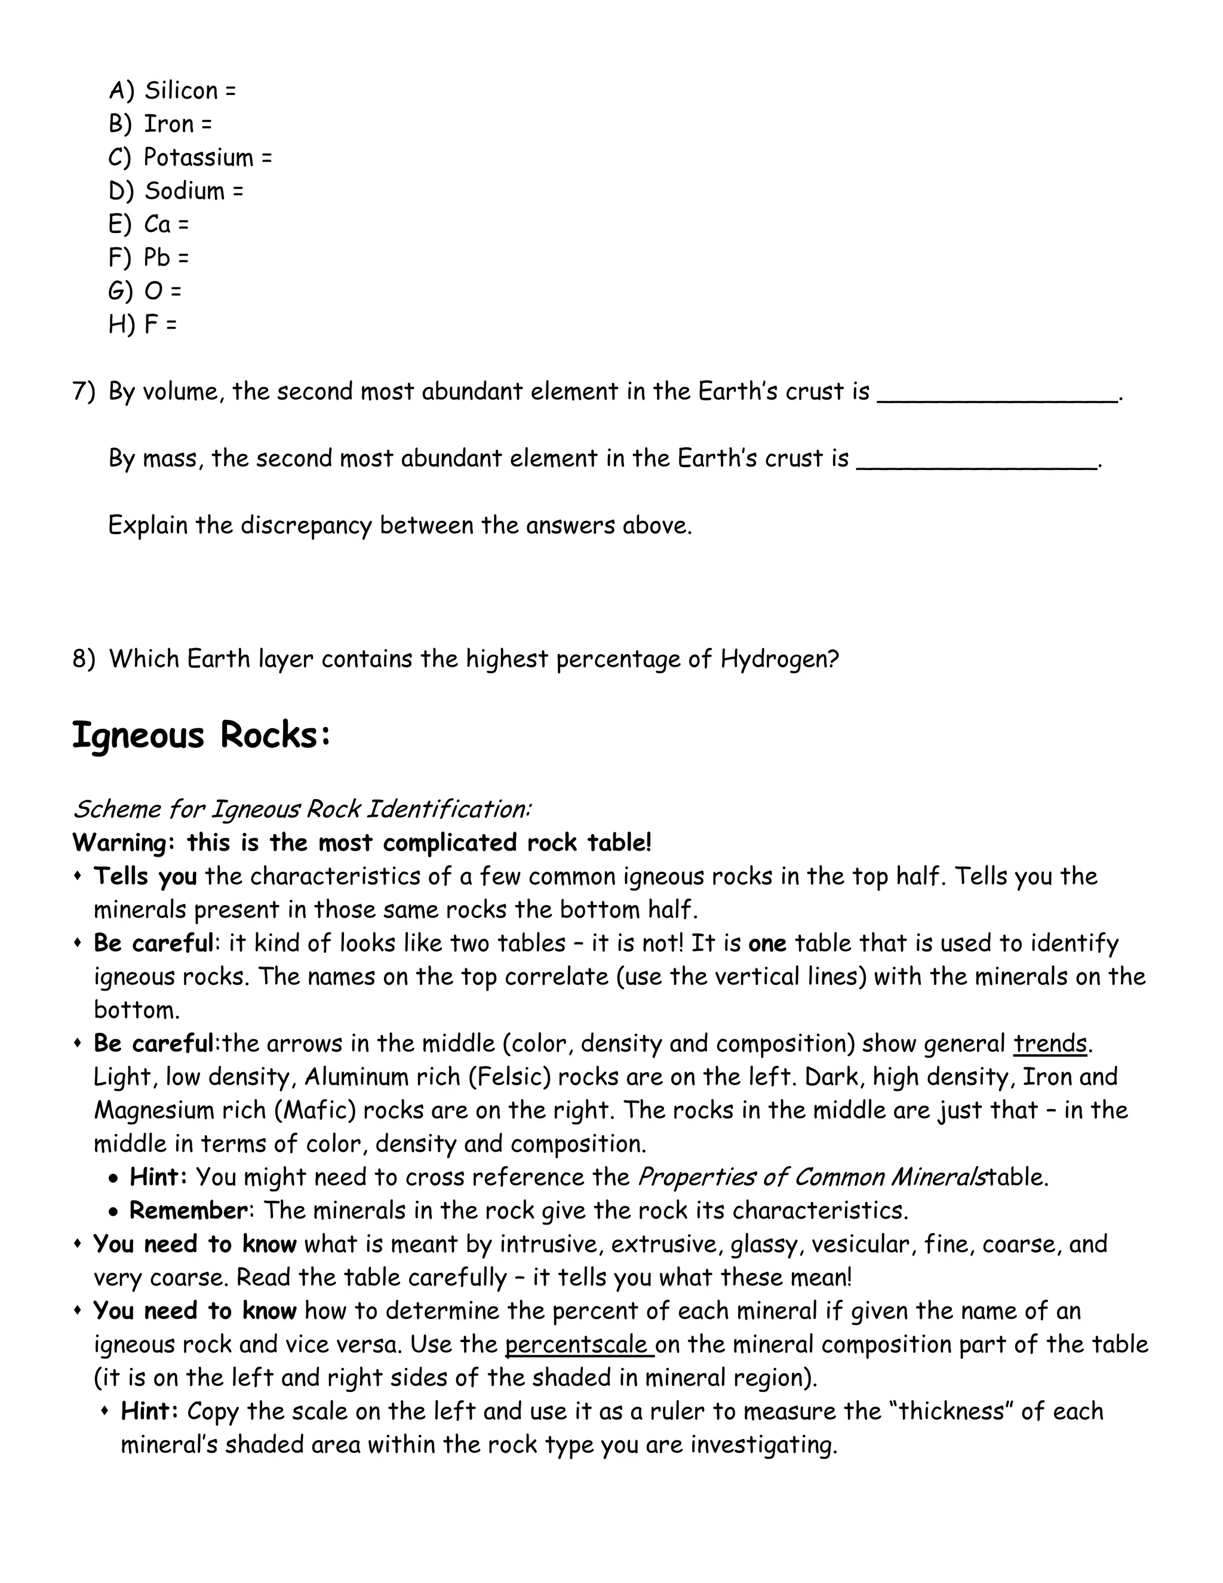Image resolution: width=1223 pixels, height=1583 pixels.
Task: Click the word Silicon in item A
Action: [180, 91]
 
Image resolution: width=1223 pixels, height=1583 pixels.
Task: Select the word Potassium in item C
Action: [198, 157]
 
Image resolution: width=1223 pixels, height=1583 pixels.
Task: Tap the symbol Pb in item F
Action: [156, 257]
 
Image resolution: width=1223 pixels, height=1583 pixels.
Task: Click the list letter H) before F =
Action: [121, 324]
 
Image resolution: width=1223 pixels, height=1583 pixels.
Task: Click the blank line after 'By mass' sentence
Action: [976, 464]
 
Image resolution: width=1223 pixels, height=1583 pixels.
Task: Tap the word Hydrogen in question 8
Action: [775, 659]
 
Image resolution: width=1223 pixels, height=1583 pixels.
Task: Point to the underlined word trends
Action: [1050, 1044]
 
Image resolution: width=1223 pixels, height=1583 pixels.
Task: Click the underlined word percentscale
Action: [576, 1345]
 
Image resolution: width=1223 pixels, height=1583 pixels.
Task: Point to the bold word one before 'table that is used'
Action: [767, 944]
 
